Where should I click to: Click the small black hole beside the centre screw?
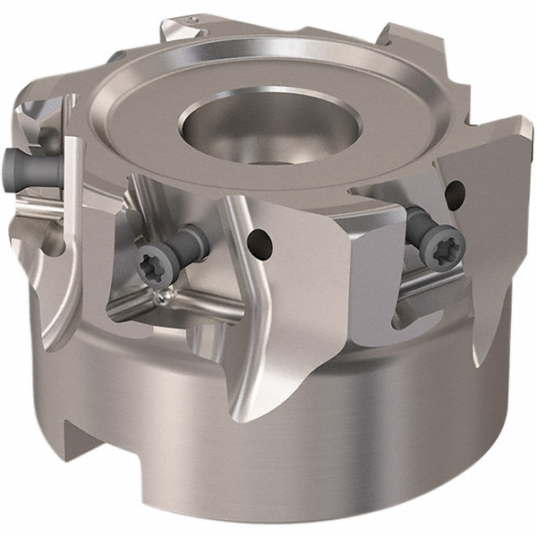(x=260, y=239)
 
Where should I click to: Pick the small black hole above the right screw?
(x=455, y=190)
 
